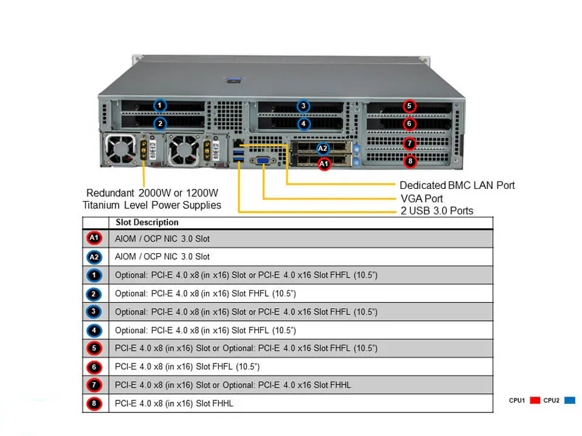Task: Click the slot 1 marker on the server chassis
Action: point(159,105)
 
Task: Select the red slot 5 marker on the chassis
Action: point(410,106)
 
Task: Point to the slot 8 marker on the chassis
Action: point(410,162)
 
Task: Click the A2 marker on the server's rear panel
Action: point(323,148)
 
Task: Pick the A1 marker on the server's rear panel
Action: point(324,163)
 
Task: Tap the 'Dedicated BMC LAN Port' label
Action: point(457,185)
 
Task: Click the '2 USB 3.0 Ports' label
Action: point(436,211)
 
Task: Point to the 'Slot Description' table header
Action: point(147,222)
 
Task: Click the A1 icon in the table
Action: point(95,239)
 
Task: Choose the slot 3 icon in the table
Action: point(95,312)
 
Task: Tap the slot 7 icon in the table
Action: point(95,385)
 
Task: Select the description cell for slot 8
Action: point(174,403)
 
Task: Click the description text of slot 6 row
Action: point(187,367)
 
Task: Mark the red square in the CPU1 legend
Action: point(535,400)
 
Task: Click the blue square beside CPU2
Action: point(569,400)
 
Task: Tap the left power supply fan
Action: point(118,150)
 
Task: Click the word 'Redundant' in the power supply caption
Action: point(111,193)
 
